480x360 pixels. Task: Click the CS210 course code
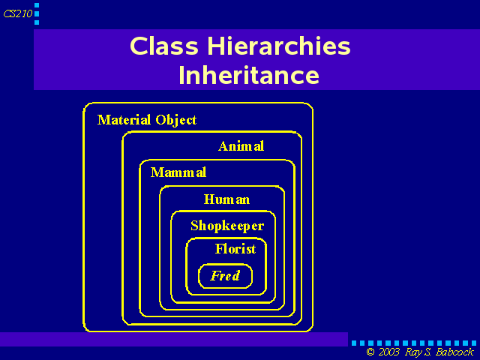coord(18,13)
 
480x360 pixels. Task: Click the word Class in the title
coord(164,46)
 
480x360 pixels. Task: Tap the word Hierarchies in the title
coord(278,46)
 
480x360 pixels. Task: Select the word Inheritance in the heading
coord(249,75)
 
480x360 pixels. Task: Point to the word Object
coord(176,120)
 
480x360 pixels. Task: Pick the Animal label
coord(241,146)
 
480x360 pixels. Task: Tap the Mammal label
coord(178,172)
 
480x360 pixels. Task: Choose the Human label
coord(226,199)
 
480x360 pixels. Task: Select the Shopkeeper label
coord(227,226)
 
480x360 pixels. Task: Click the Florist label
coord(235,249)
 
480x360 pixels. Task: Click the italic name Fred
coord(225,276)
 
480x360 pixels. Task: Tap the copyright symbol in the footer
coord(370,352)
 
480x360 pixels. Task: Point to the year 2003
coord(388,352)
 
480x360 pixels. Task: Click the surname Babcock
coord(454,352)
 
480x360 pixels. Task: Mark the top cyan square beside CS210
coord(37,5)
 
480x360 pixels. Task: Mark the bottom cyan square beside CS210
coord(37,22)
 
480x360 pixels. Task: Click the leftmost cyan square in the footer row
coord(354,343)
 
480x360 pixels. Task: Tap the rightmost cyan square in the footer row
coord(474,343)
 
